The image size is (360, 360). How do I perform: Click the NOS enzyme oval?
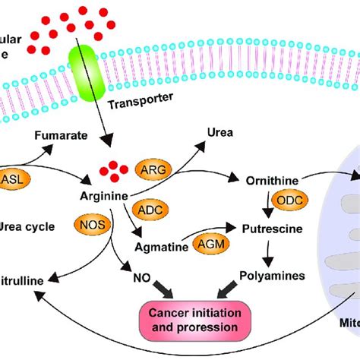pos(90,226)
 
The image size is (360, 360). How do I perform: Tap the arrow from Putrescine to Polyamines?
pos(267,250)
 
